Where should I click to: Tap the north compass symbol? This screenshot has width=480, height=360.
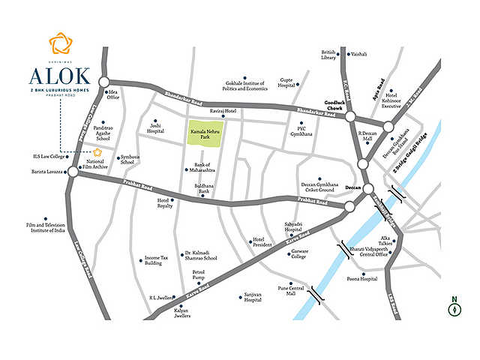point(454,307)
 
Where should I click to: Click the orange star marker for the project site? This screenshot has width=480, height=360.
point(96,152)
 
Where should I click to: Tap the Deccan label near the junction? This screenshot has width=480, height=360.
point(352,187)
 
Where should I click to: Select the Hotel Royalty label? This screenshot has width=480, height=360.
point(165,203)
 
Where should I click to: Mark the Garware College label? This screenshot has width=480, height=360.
point(298,253)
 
